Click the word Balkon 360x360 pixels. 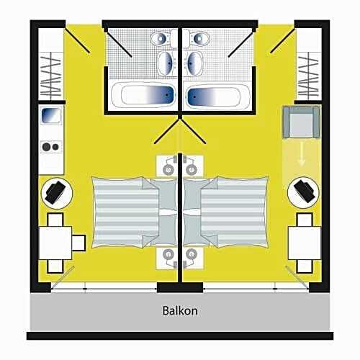pos(180,311)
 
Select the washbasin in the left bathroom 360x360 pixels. pos(166,63)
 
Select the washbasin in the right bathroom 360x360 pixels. pos(194,63)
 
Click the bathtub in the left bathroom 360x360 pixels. pos(143,95)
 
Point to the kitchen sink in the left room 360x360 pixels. pos(51,115)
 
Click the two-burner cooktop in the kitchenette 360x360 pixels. pos(51,147)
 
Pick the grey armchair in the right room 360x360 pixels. pos(302,122)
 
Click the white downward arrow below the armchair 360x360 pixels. pos(302,158)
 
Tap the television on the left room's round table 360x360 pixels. pos(55,192)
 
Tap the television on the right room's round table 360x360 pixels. pos(304,192)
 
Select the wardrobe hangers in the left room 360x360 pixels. pos(50,76)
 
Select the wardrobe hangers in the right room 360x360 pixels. pos(308,76)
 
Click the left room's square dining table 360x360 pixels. pos(55,243)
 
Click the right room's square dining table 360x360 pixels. pos(305,243)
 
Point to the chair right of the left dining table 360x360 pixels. pos(78,243)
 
